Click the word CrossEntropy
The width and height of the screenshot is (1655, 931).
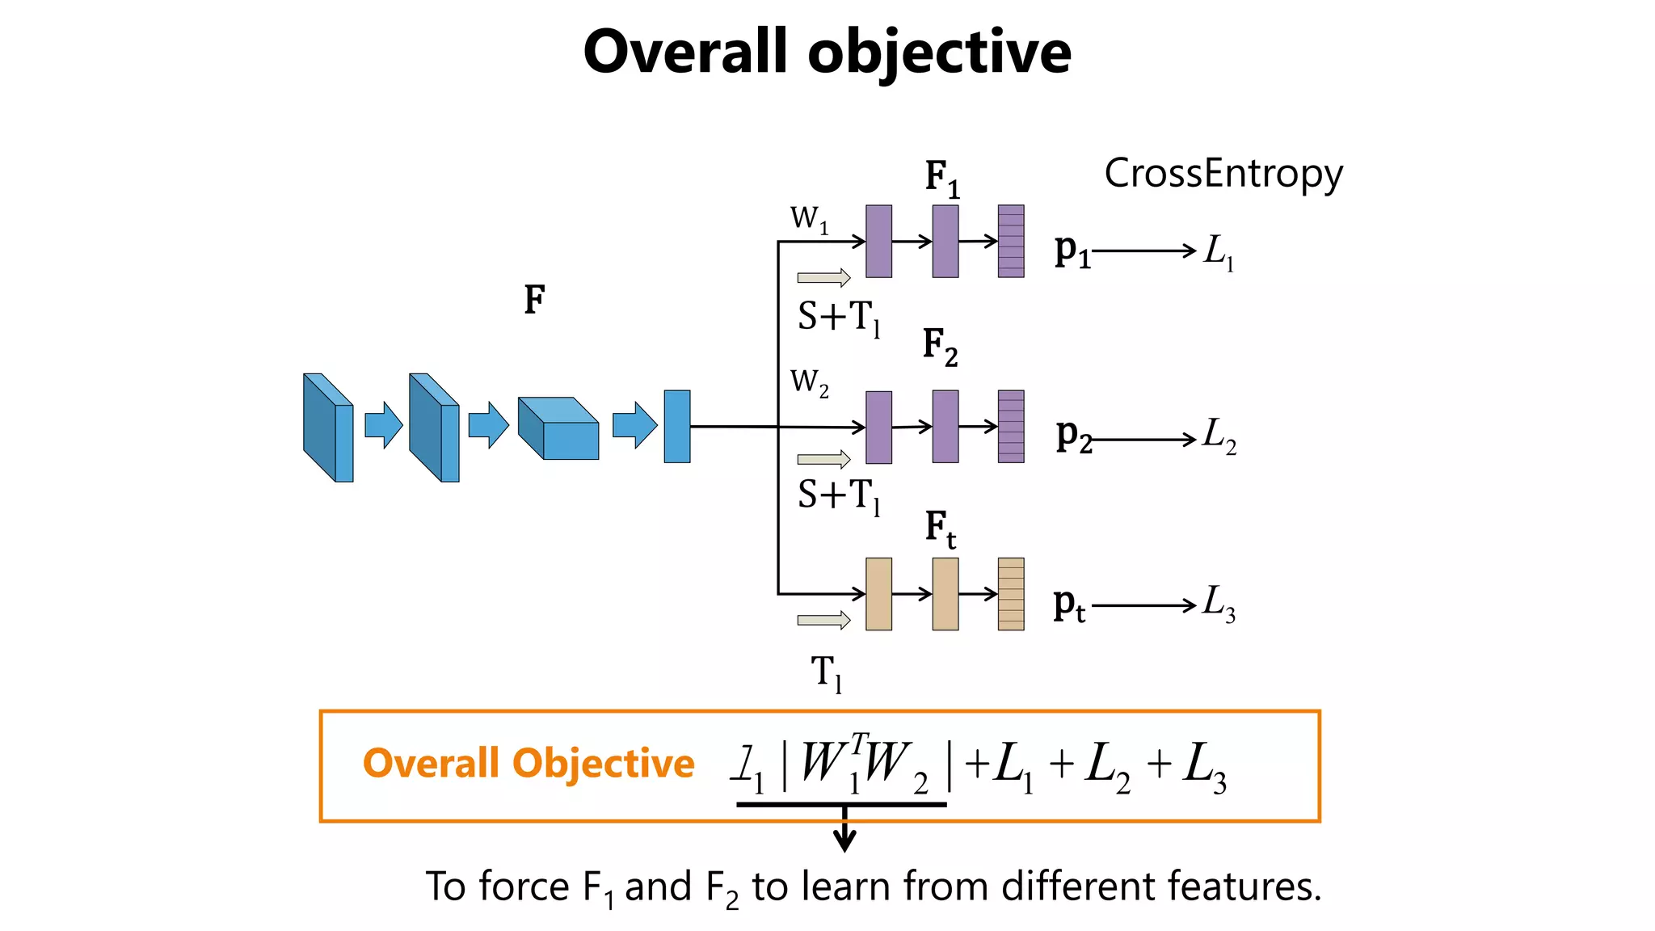coord(1223,174)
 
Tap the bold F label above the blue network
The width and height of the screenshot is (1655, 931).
coord(534,300)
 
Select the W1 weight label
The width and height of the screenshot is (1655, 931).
coord(809,219)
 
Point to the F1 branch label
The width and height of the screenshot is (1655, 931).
coord(942,179)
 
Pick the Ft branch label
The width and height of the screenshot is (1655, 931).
coord(941,529)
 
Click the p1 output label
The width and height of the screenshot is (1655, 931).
coord(1072,251)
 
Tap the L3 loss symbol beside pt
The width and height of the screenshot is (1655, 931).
coord(1219,604)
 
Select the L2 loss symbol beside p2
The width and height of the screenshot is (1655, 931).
coord(1219,436)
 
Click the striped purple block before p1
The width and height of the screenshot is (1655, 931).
coord(1010,242)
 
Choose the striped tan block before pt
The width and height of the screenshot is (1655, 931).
coord(1010,594)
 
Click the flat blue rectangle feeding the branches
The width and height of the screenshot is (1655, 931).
coord(676,427)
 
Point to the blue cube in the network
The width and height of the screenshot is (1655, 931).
coord(558,428)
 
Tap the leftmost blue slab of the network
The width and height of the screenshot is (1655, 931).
coord(328,428)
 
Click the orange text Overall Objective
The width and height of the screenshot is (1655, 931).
coord(529,764)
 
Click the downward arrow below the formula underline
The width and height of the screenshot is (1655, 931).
coord(844,832)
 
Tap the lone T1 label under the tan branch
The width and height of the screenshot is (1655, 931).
coord(826,672)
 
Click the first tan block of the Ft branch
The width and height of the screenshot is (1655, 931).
coord(878,594)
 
